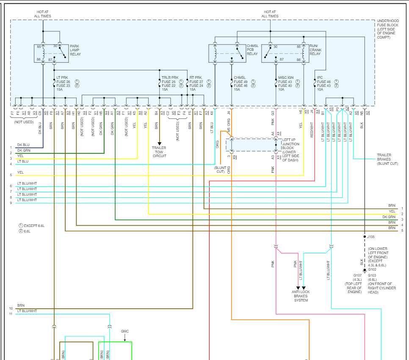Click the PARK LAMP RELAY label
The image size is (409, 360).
75,50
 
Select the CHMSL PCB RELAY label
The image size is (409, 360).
252,50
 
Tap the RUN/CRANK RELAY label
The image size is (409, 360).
315,50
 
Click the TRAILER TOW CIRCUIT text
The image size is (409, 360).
159,152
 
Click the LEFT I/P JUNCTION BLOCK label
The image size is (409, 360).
291,150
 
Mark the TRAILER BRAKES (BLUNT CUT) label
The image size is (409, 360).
387,159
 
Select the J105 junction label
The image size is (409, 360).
371,237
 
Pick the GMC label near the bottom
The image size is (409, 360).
125,331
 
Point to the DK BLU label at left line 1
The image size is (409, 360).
23,145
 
